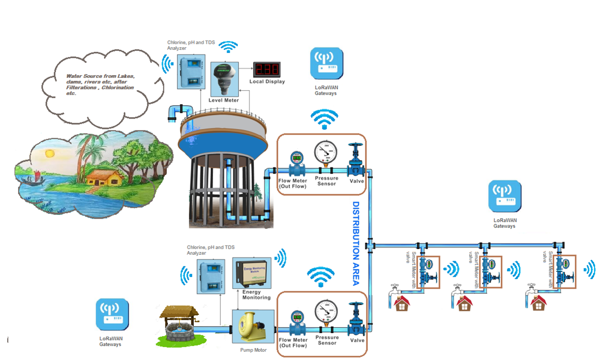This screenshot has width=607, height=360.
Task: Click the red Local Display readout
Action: pos(266,69)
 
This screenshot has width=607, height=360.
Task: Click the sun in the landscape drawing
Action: pos(50,153)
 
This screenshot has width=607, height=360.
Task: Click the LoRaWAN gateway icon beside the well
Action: pos(111,316)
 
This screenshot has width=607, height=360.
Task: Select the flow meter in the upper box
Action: pos(297,162)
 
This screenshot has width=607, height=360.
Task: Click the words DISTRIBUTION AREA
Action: pos(357,243)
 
